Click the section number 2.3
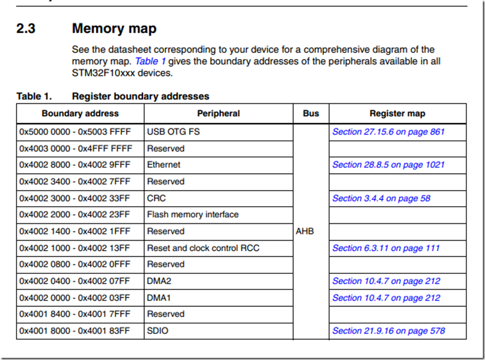26,28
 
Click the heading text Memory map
114,28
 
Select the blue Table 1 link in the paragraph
150,61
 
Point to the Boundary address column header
80,114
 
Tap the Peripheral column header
218,114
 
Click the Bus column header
311,114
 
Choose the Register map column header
397,114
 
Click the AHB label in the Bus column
305,231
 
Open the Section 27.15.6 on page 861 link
389,132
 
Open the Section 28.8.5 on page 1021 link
389,164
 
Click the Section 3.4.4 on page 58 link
381,198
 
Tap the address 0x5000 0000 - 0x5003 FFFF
75,132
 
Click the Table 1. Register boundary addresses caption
113,96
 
